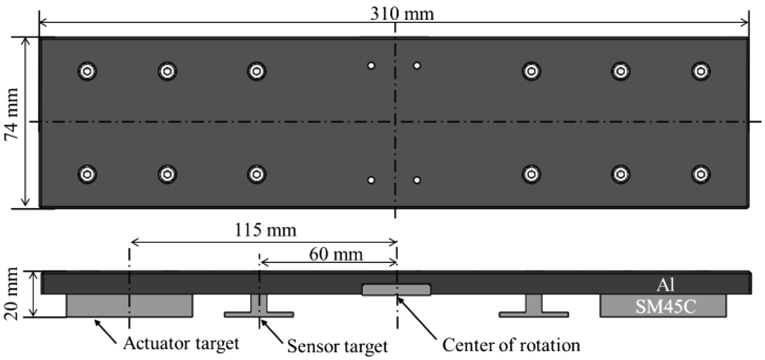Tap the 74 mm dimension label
tap(11, 122)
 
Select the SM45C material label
tap(663, 306)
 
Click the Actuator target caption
tap(181, 343)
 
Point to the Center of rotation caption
tap(511, 345)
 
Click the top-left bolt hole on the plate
tap(88, 71)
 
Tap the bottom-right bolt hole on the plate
tap(701, 174)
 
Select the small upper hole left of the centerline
tap(372, 65)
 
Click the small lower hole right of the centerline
tap(417, 180)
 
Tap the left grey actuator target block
tap(130, 305)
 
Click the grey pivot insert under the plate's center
tap(396, 290)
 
